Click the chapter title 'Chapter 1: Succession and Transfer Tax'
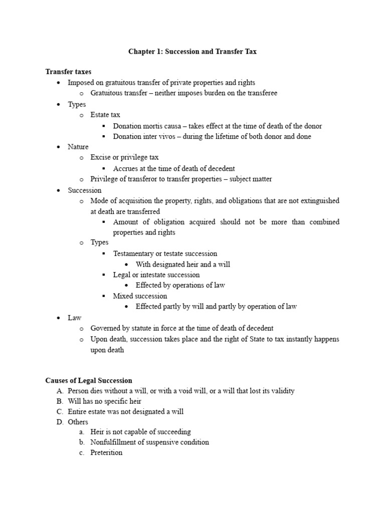(192, 52)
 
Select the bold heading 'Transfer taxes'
(68, 72)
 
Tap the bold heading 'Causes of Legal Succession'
(89, 381)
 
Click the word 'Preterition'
(106, 452)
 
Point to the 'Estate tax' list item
(105, 115)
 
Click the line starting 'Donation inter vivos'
(212, 136)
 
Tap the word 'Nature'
(78, 147)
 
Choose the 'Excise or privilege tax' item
(124, 157)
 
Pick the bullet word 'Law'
(75, 318)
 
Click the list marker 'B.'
(60, 401)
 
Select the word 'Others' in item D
(78, 422)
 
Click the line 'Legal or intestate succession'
(156, 275)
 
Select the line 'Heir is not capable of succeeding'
(140, 432)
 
